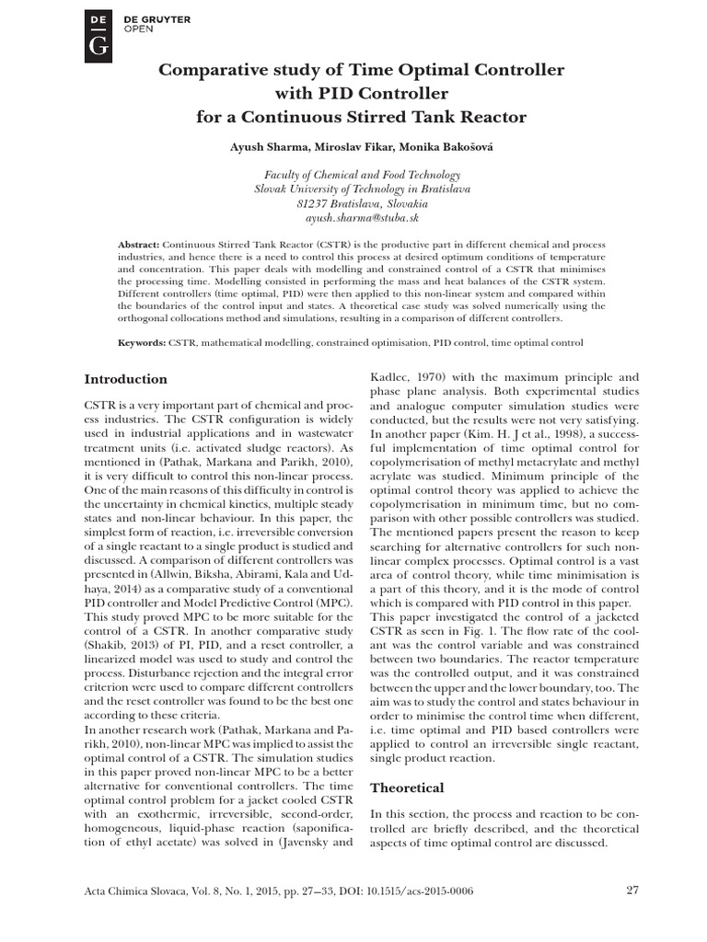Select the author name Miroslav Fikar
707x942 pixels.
351,148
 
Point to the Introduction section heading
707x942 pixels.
125,379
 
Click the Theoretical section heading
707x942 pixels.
406,787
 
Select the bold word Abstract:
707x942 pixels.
139,244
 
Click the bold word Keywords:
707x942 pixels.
142,341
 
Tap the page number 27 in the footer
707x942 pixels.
632,889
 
